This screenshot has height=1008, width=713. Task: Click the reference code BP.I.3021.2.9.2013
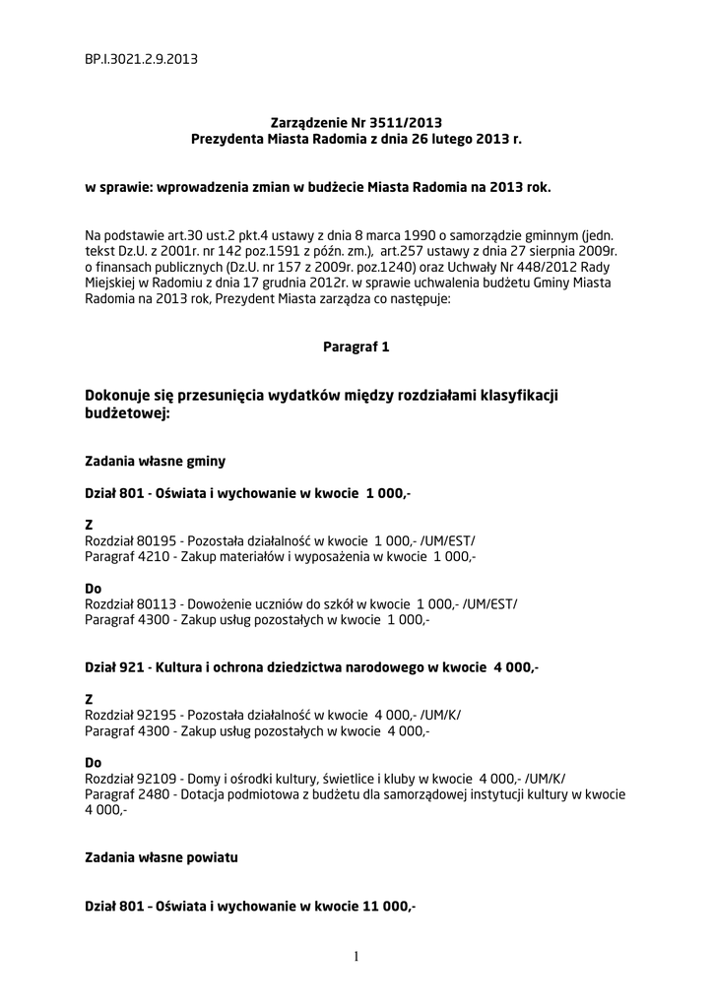141,59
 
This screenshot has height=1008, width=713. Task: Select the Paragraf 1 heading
356,347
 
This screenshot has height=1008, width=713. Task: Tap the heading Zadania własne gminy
156,460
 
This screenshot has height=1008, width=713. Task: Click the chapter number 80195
158,541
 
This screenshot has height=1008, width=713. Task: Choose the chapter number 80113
158,604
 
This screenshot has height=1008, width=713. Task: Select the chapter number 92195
158,717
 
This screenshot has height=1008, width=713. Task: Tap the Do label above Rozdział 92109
94,763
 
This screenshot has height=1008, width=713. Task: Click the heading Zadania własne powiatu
162,858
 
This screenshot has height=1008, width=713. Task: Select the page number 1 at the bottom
356,956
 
